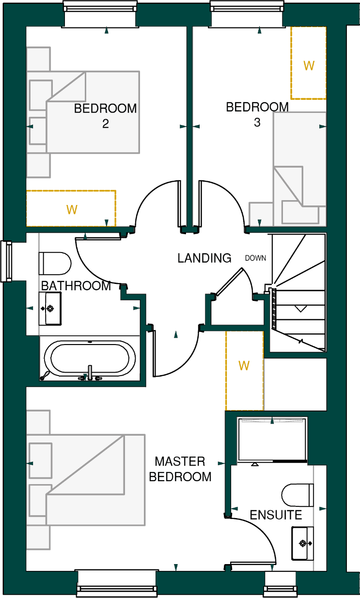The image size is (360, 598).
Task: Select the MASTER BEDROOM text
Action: [x=180, y=469]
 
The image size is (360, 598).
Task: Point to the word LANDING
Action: [x=204, y=258]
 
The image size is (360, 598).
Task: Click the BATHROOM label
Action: [x=76, y=286]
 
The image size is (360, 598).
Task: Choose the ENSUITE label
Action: [x=276, y=515]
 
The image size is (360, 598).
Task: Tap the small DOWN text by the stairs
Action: [x=255, y=258]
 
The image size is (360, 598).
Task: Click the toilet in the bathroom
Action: [x=54, y=264]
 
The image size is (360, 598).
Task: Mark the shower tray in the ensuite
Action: [x=272, y=439]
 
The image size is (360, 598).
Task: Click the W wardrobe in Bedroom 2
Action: [x=71, y=209]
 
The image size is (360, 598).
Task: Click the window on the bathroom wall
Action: [x=7, y=261]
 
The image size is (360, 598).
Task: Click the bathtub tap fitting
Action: [x=90, y=373]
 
